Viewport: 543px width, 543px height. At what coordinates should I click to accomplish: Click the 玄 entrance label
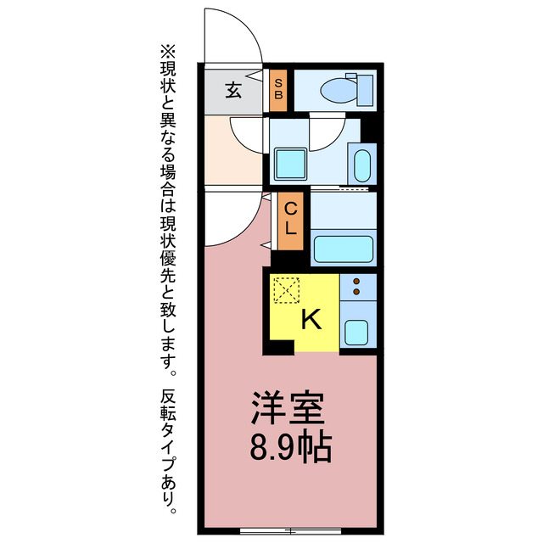232,88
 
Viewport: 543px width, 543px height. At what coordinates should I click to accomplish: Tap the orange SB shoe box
277,89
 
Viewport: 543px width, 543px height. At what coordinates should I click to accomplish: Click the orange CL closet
290,218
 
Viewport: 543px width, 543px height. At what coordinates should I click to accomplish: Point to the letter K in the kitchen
311,320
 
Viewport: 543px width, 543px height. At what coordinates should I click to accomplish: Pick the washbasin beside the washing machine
361,166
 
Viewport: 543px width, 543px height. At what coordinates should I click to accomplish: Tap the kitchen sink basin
355,332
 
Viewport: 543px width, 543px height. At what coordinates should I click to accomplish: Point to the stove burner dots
357,287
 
